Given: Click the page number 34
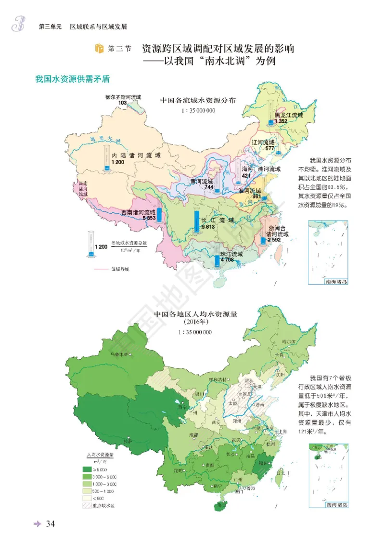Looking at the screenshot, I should click(51, 524).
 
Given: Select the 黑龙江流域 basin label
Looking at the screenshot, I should click(289, 116).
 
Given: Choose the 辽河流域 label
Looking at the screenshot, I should click(263, 143).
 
